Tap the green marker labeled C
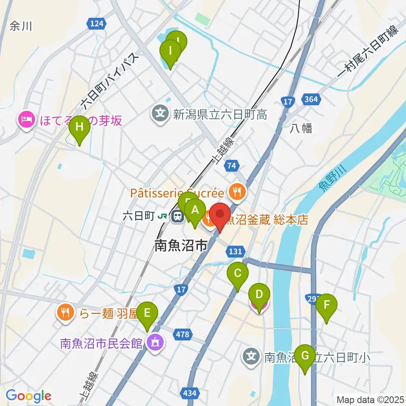pyautogui.click(x=238, y=274)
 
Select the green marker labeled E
pyautogui.click(x=147, y=313)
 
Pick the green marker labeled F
pyautogui.click(x=326, y=305)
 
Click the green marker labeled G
pyautogui.click(x=304, y=356)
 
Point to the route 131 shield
pyautogui.click(x=235, y=252)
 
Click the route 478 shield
pyautogui.click(x=183, y=335)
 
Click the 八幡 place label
pyautogui.click(x=301, y=129)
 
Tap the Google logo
pyautogui.click(x=28, y=396)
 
